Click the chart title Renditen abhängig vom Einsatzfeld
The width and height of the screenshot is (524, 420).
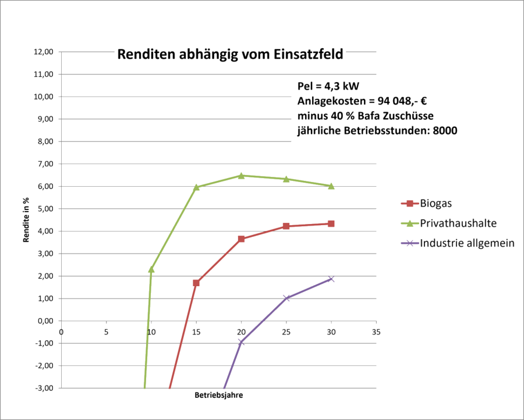click(230, 54)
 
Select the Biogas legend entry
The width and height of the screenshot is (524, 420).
click(426, 204)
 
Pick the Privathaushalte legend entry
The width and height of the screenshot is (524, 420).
click(448, 223)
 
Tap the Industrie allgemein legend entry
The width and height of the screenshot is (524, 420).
click(458, 243)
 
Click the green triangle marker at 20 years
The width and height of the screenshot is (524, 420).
click(241, 176)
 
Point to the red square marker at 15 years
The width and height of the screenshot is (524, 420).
click(196, 283)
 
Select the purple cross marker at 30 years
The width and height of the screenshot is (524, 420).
click(331, 279)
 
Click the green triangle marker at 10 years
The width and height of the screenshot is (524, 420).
click(151, 269)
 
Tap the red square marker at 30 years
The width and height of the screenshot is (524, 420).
click(331, 224)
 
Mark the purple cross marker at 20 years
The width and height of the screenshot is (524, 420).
click(241, 342)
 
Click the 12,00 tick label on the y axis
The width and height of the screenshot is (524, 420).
click(44, 52)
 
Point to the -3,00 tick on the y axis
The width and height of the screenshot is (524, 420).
click(44, 388)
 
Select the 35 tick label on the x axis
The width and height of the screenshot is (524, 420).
click(376, 332)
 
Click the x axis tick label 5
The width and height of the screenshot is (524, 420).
click(107, 332)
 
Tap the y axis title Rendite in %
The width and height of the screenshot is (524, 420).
click(26, 220)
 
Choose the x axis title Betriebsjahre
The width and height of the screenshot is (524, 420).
click(219, 396)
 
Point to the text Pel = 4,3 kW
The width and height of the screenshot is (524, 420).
click(328, 87)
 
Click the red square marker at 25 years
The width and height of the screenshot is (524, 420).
click(286, 226)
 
